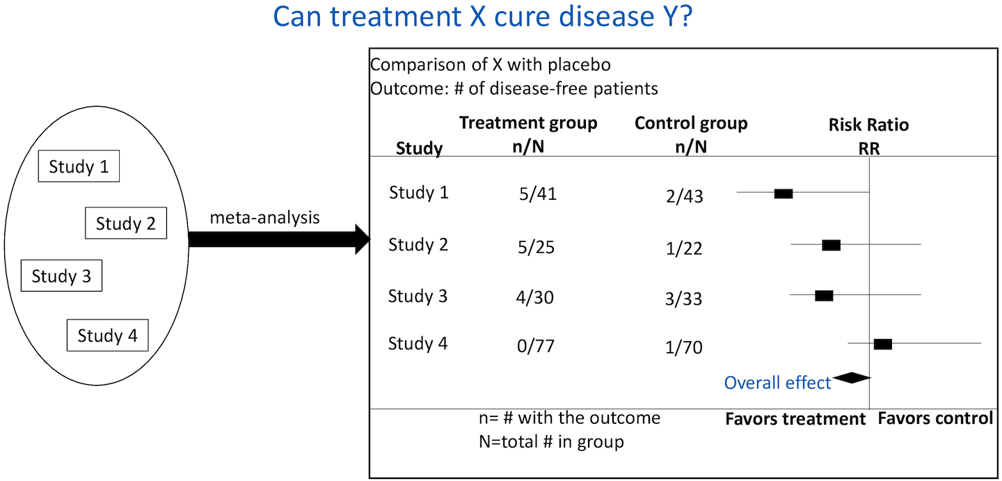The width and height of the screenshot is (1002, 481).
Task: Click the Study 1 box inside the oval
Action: point(78,167)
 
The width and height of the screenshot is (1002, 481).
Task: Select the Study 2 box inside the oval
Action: point(126,223)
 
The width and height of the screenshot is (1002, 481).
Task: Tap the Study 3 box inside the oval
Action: point(61,276)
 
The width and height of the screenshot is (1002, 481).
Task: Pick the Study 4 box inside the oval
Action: point(107,336)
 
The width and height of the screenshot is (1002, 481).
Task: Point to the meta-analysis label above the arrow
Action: point(264,218)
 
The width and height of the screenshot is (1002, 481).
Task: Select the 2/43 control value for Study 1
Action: point(683,197)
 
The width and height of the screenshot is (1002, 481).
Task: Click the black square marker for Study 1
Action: point(784,194)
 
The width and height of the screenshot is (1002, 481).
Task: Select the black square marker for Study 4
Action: point(883,344)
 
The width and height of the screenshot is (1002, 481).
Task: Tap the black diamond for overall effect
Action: point(852,378)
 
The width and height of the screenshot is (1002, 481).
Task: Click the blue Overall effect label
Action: point(777,383)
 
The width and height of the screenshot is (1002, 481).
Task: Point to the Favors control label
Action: point(935,418)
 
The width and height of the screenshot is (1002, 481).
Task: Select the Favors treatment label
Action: point(795,419)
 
